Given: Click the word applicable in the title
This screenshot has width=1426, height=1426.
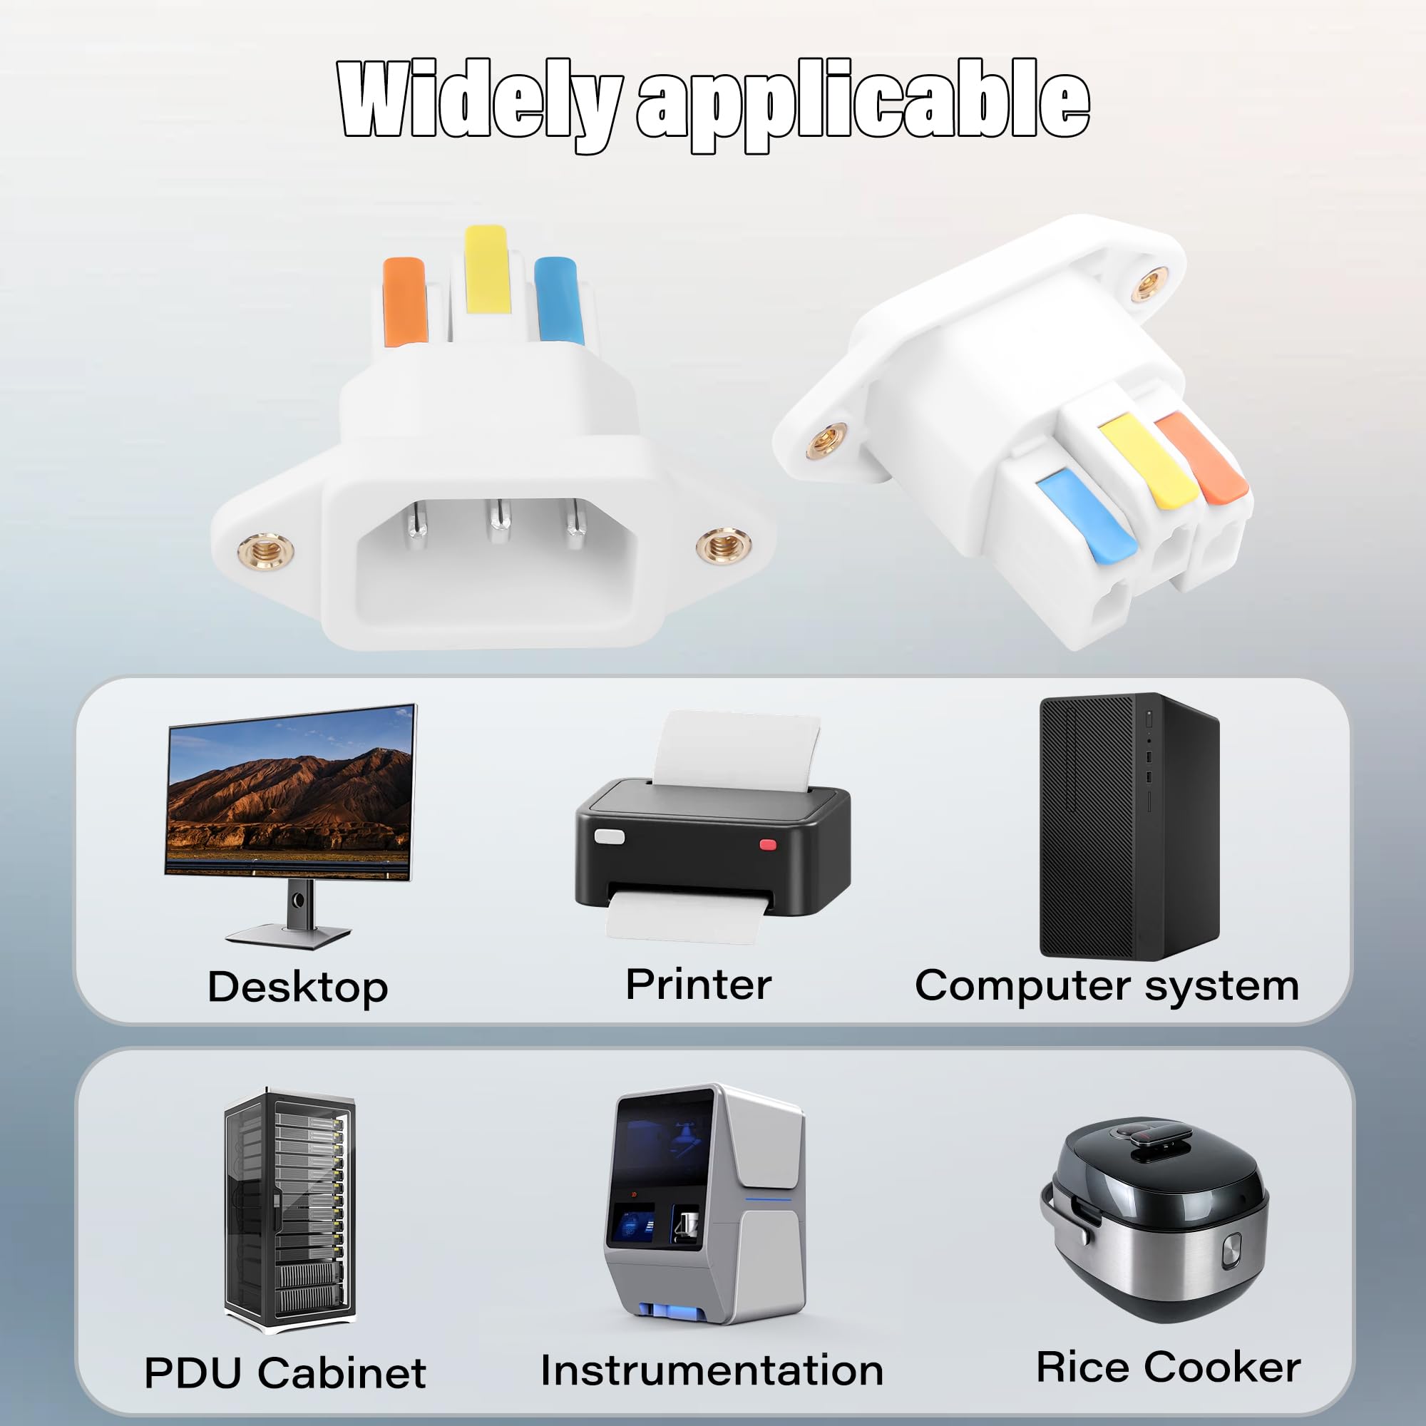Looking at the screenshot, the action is coord(862,103).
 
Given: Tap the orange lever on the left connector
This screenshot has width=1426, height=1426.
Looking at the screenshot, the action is coord(404,301).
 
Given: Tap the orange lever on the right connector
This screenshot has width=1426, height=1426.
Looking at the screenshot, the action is coord(1199,456).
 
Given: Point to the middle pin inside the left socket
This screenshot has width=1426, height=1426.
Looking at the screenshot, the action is coord(500,521).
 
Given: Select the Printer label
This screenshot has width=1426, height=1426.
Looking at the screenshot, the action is coord(698,984).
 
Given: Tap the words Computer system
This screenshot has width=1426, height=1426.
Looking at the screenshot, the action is coord(1107,987).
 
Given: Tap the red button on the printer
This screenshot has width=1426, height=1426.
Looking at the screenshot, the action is coord(769,844).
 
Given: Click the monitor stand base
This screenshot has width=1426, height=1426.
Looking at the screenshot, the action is coord(289,936).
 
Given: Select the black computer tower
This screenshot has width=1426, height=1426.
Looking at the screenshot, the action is coord(1129,826).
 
